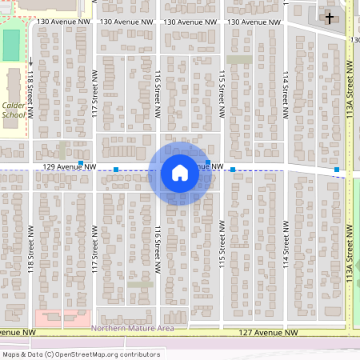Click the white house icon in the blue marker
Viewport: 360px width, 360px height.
click(x=180, y=173)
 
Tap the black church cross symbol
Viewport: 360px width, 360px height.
click(x=329, y=17)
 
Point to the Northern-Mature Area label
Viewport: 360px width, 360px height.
click(x=133, y=329)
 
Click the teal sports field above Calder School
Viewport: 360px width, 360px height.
click(x=11, y=46)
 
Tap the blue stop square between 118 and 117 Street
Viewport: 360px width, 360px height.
click(x=81, y=162)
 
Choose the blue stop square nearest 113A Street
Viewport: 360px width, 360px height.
click(x=337, y=170)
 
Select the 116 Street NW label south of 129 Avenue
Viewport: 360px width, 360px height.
click(x=158, y=251)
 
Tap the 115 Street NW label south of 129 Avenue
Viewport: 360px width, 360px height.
click(x=222, y=251)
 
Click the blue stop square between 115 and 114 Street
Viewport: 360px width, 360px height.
click(x=233, y=170)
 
